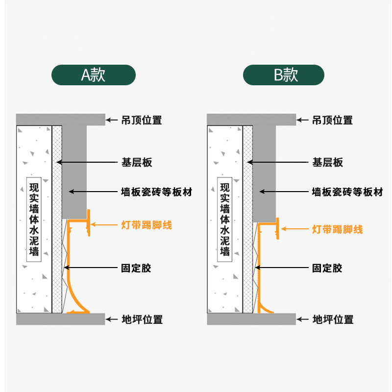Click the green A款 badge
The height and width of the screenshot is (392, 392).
tap(93, 75)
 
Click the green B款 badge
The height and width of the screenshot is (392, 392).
tap(284, 75)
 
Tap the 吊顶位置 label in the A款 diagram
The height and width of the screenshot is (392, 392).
tap(141, 120)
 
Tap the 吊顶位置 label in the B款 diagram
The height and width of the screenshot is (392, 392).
tap(332, 120)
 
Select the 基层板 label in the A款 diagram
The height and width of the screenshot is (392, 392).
tap(136, 162)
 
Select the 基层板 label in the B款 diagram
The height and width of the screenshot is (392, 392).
tap(327, 162)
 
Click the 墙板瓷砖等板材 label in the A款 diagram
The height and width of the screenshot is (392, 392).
tap(156, 192)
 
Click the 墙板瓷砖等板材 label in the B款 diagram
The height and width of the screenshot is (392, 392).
tap(347, 192)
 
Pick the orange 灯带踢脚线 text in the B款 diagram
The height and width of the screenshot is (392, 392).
tap(337, 229)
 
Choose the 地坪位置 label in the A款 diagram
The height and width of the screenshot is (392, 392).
tap(142, 320)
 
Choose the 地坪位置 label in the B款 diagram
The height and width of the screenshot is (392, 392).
tap(333, 320)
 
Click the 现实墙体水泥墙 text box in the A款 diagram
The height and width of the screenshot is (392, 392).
tap(34, 220)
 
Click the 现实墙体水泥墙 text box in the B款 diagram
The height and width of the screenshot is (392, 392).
tap(225, 220)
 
